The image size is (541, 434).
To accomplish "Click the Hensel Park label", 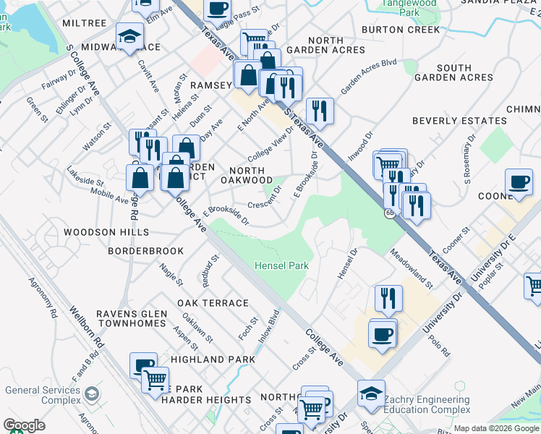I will [x=281, y=266].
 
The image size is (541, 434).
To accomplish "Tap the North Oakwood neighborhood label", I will [x=246, y=174].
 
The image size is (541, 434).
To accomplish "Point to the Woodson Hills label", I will [x=106, y=232].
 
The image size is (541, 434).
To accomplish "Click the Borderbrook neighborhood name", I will [x=145, y=250].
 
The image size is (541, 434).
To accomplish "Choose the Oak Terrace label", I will [x=213, y=303].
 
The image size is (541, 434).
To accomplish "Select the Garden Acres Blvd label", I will [x=369, y=77].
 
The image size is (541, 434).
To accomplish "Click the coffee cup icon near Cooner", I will [x=518, y=182].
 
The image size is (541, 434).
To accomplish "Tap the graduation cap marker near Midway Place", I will [x=129, y=36].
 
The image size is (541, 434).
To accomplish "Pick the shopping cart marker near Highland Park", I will [x=156, y=380].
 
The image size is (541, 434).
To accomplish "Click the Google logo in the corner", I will [x=24, y=425].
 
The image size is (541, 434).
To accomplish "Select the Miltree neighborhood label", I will [x=85, y=24].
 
